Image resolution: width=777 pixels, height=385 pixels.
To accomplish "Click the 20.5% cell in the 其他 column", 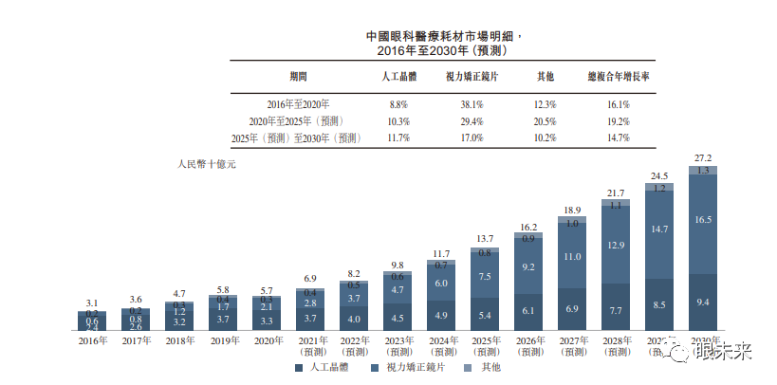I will click(x=544, y=121).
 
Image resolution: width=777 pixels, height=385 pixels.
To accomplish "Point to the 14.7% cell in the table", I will click(x=618, y=138).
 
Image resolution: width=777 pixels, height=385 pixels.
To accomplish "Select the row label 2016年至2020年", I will click(x=298, y=104).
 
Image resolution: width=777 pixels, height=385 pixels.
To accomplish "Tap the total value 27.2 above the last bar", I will click(x=702, y=157).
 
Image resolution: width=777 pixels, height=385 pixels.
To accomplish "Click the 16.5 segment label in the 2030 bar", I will click(x=702, y=220).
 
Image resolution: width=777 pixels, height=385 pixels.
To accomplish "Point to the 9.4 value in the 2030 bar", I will click(x=702, y=302).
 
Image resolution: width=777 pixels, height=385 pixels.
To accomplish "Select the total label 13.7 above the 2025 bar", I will click(x=485, y=238).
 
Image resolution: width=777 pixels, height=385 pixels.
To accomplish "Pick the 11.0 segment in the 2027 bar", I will click(x=572, y=257).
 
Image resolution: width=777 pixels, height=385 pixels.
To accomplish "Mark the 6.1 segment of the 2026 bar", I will click(x=528, y=311).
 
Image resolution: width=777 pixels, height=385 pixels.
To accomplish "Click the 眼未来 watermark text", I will click(x=724, y=354).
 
